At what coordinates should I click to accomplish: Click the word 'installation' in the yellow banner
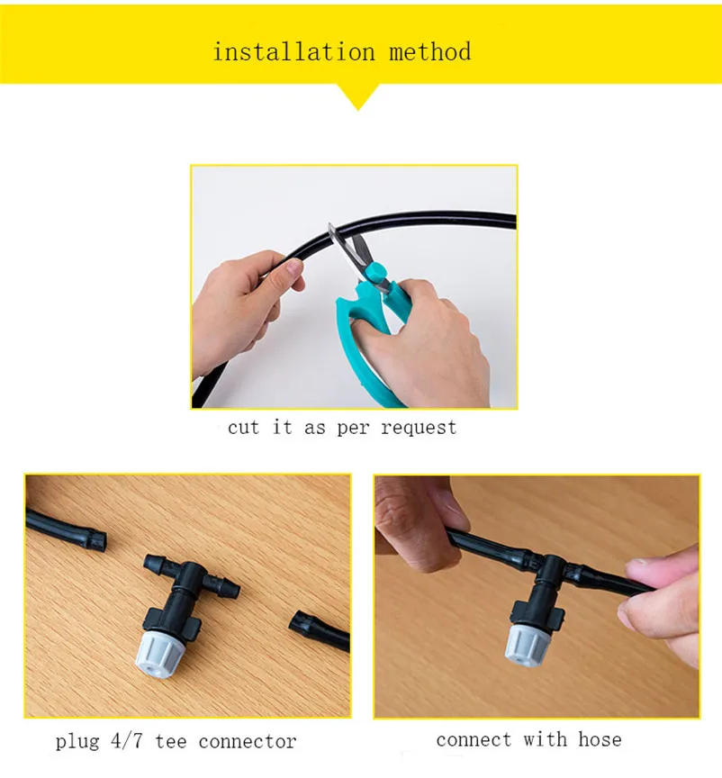point(293,52)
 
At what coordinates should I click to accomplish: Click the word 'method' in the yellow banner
point(429,52)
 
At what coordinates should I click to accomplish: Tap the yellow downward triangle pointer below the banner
point(358,96)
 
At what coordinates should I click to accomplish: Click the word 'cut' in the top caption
point(243,427)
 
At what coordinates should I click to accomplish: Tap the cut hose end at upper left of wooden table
point(96,540)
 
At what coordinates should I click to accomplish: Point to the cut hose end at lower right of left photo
point(299,622)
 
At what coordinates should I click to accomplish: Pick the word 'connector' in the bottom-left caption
point(247,742)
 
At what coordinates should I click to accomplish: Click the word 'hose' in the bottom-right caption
point(600,739)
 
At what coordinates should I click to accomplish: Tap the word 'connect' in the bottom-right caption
point(474,740)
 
